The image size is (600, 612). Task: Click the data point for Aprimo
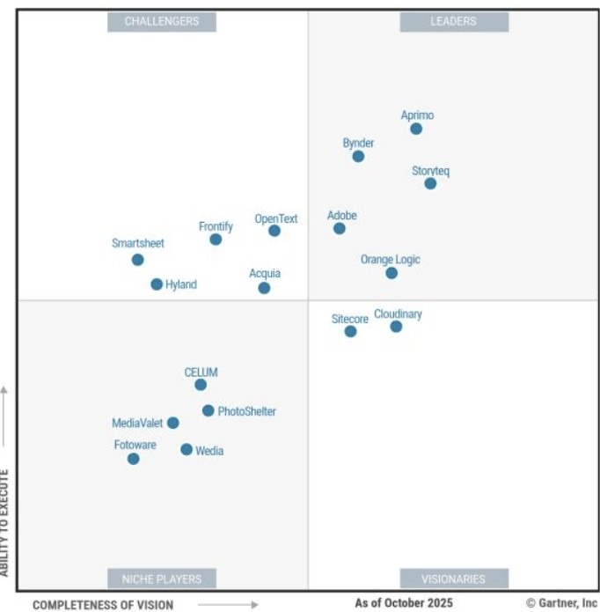[x=416, y=129]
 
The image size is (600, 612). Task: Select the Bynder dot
[x=358, y=156]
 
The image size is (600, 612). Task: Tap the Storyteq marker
[x=430, y=183]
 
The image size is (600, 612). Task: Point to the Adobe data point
[x=340, y=228]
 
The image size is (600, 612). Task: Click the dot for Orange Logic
[x=391, y=273]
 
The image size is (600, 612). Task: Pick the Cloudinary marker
[x=396, y=327]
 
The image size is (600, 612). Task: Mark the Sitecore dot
[x=350, y=331]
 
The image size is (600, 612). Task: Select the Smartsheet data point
[x=137, y=260]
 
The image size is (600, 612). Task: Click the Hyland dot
[x=157, y=284]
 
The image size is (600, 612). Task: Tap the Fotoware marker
[x=133, y=459]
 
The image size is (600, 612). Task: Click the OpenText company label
[x=276, y=218]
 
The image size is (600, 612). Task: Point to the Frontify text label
[x=216, y=226]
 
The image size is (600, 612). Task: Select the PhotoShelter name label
[x=247, y=411]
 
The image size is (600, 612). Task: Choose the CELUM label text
[x=201, y=372]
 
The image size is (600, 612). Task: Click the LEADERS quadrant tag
[x=453, y=21]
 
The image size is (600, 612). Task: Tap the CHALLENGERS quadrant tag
[x=162, y=21]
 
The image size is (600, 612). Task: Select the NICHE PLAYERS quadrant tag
[x=162, y=579]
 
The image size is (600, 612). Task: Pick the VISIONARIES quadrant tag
[x=453, y=579]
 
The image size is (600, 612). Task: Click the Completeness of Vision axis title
[x=103, y=605]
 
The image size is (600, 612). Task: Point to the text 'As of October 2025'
[x=404, y=603]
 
